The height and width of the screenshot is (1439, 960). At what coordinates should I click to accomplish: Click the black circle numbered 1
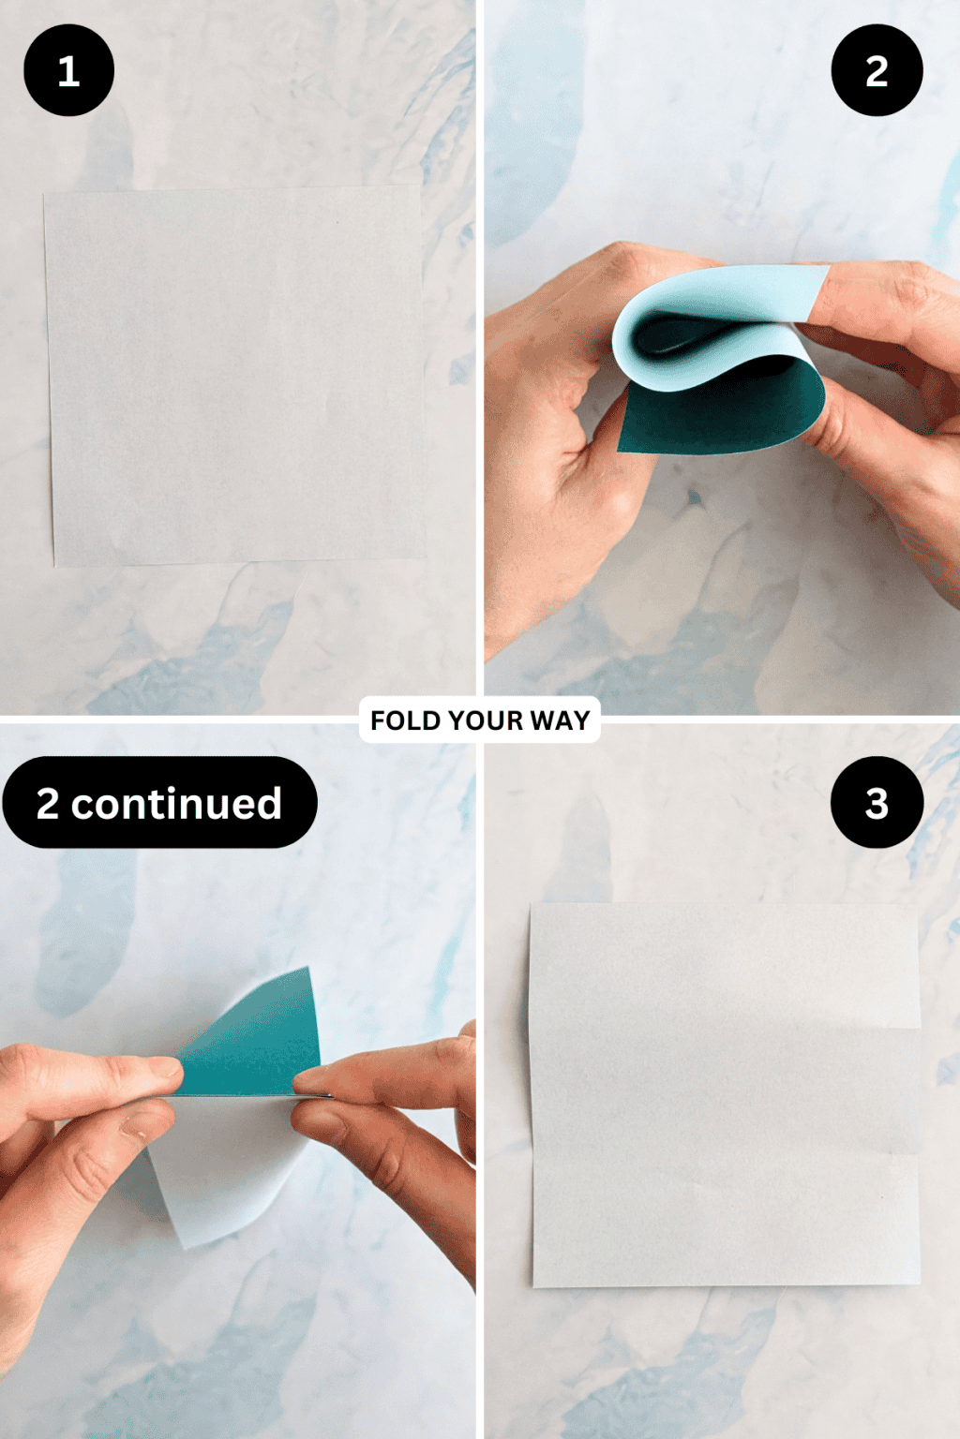(68, 70)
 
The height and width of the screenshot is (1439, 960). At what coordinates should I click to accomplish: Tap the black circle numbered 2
(877, 70)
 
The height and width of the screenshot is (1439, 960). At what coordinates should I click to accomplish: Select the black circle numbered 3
(877, 803)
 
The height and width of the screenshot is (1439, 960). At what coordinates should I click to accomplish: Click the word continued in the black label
(176, 804)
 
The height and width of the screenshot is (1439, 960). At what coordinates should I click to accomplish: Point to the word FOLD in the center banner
(405, 720)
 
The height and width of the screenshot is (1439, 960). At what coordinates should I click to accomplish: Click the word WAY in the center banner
(560, 720)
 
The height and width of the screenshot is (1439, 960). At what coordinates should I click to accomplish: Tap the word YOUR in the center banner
(485, 720)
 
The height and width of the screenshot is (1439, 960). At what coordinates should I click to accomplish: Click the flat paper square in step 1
(234, 375)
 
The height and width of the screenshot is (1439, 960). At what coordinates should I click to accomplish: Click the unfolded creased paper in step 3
(724, 1096)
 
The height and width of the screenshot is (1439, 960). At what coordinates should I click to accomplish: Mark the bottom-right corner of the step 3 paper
(919, 1283)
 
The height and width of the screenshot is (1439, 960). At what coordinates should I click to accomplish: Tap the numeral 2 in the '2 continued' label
(48, 804)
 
